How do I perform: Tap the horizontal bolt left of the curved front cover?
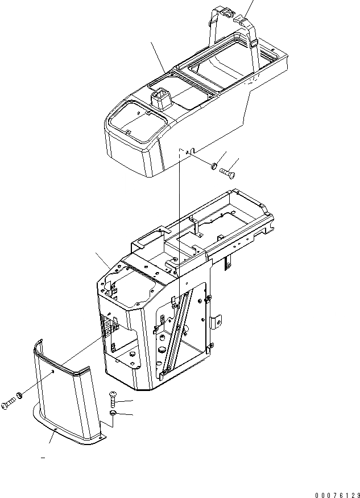pos(8,405)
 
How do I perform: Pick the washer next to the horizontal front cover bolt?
pos(20,394)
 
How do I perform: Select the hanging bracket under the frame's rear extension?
pos(228,262)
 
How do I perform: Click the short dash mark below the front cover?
pos(43,457)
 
